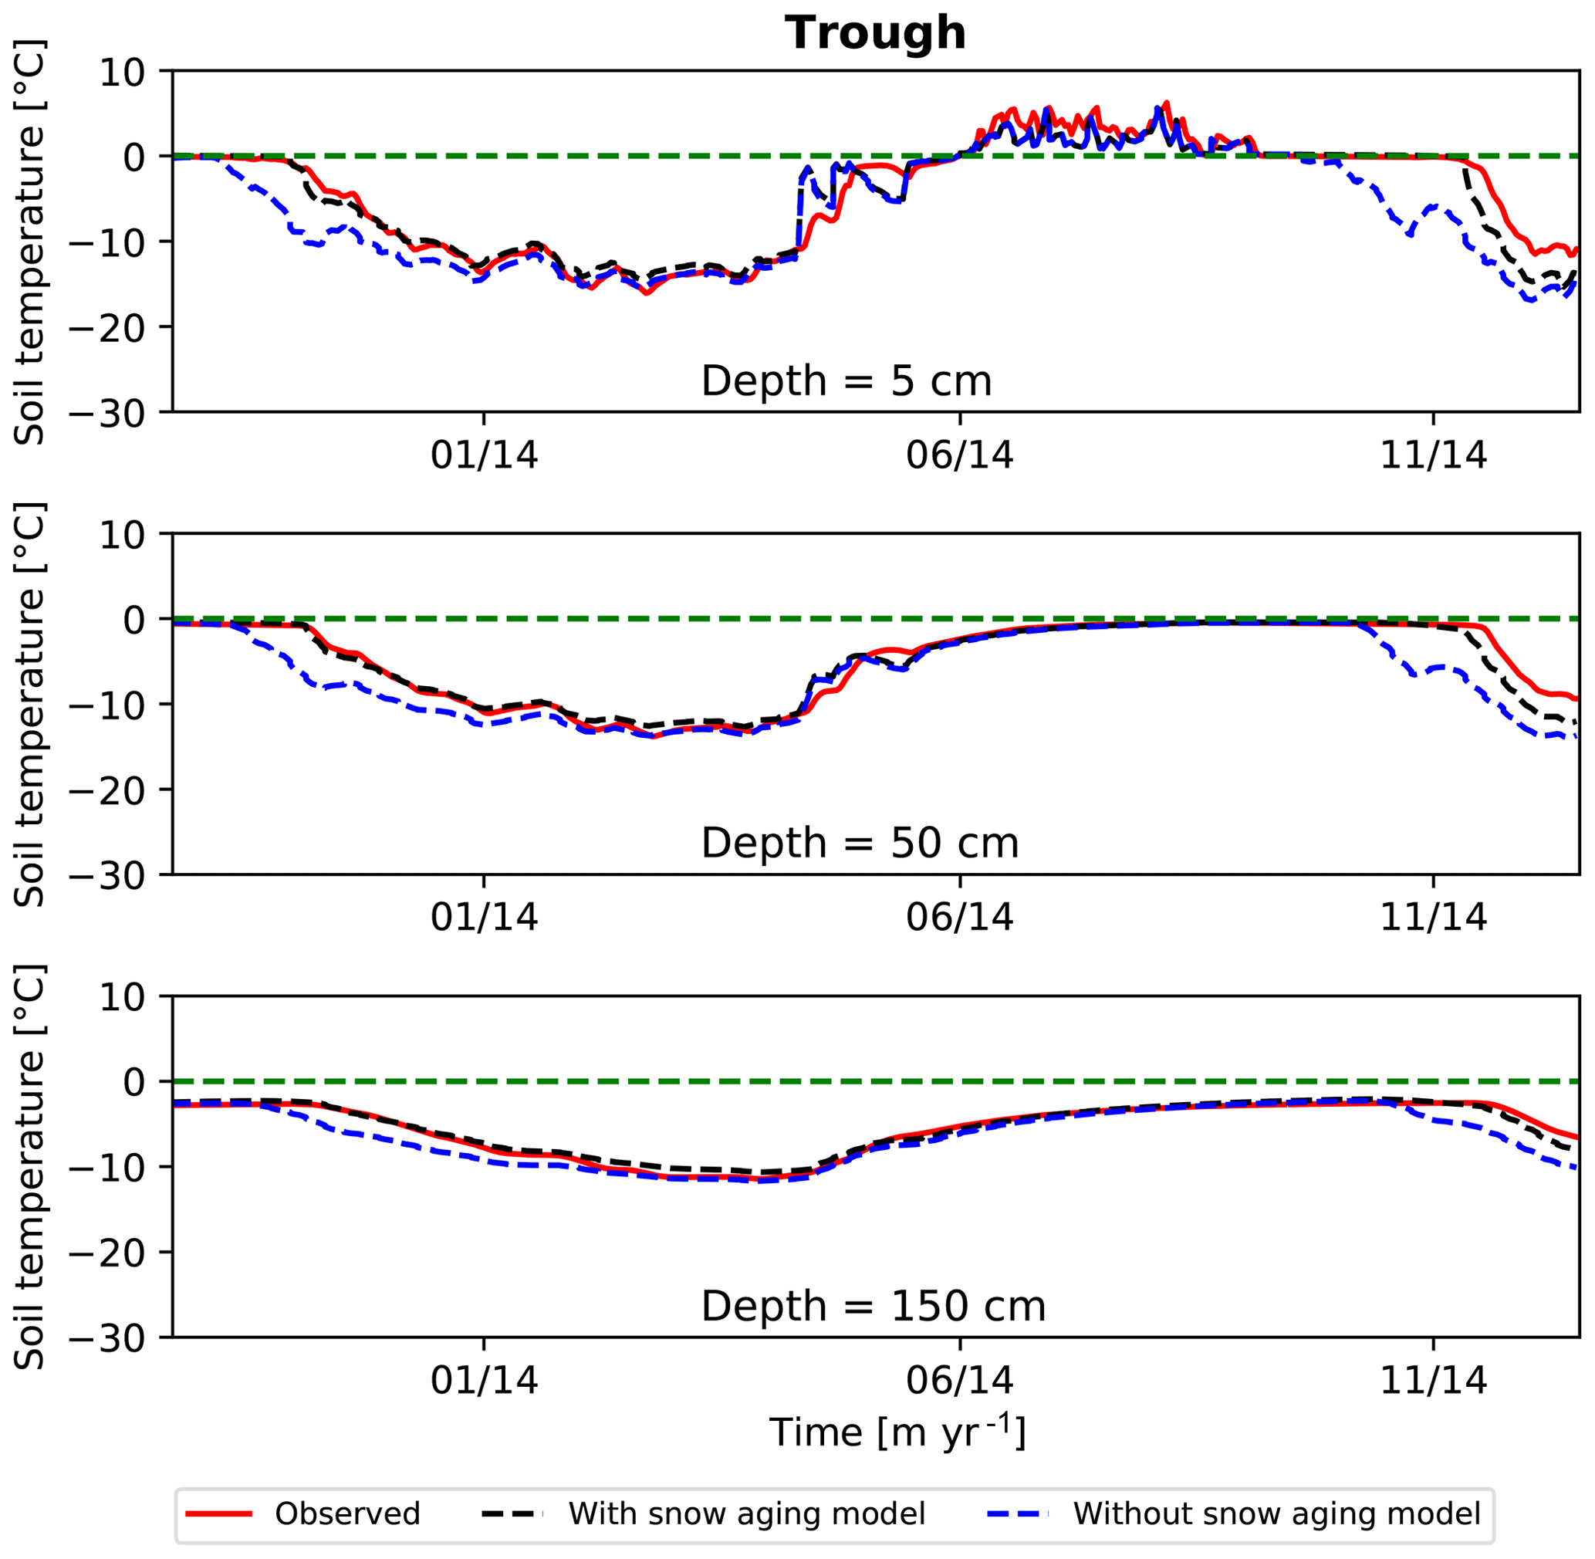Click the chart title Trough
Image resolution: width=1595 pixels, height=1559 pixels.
tap(875, 33)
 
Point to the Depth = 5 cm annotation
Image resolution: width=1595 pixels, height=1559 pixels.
tap(846, 381)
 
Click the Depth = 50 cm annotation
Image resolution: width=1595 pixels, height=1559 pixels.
tap(860, 844)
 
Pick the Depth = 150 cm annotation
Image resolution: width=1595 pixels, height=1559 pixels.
tap(873, 1306)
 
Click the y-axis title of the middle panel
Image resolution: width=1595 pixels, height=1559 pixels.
tap(30, 704)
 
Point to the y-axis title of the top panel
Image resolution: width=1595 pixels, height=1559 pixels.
tap(30, 242)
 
